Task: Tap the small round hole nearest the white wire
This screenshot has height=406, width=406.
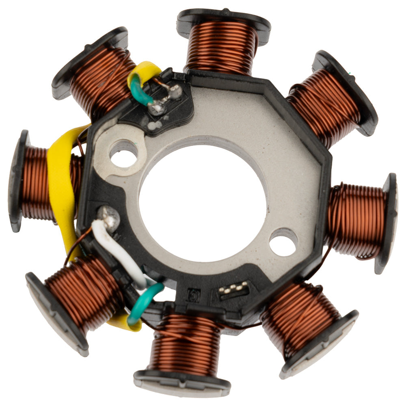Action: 123,155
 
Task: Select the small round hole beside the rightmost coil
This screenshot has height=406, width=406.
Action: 283,242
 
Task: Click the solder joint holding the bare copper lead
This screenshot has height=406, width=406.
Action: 175,91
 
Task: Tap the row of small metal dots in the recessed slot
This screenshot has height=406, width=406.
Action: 233,289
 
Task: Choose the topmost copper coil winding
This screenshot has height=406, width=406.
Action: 222,47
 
